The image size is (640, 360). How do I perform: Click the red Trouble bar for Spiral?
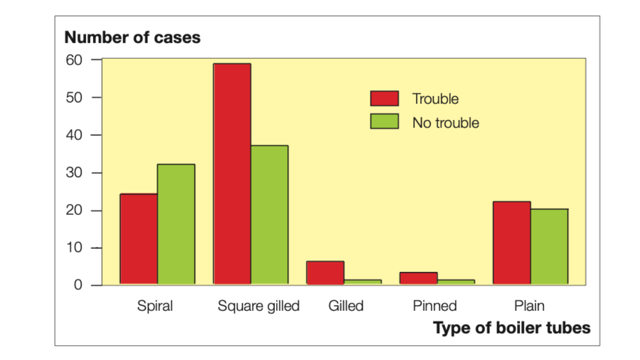pyautogui.click(x=139, y=239)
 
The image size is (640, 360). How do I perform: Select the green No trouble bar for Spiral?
pyautogui.click(x=176, y=224)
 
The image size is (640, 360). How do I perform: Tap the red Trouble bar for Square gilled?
pyautogui.click(x=232, y=174)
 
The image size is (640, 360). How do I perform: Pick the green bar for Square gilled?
pyautogui.click(x=269, y=215)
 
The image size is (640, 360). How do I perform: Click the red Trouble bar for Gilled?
pyautogui.click(x=325, y=273)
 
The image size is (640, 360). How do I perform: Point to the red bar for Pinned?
pyautogui.click(x=419, y=278)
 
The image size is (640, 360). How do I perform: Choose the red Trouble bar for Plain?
pyautogui.click(x=512, y=243)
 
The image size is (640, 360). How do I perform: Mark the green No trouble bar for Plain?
pyautogui.click(x=549, y=246)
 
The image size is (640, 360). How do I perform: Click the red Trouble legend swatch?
pyautogui.click(x=385, y=98)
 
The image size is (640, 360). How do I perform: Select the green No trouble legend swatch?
pyautogui.click(x=385, y=122)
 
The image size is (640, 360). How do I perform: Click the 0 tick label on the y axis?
pyautogui.click(x=78, y=285)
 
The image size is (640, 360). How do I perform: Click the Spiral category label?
pyautogui.click(x=155, y=306)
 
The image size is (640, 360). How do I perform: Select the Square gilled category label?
pyautogui.click(x=258, y=306)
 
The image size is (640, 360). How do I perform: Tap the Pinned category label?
pyautogui.click(x=435, y=306)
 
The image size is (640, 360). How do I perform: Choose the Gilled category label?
pyautogui.click(x=346, y=306)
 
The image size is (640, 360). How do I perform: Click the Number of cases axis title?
pyautogui.click(x=133, y=38)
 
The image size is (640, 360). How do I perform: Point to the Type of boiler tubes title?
pyautogui.click(x=512, y=328)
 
